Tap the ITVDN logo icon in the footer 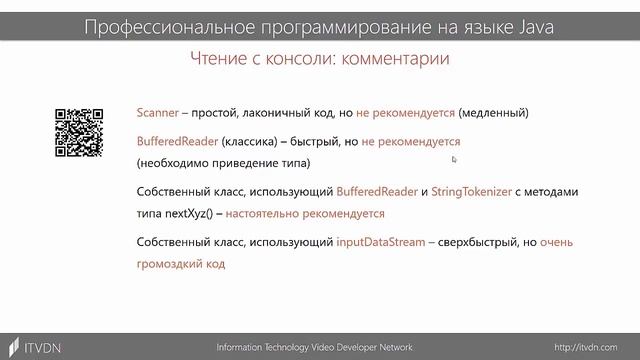pyautogui.click(x=15, y=346)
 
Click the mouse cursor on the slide pyautogui.click(x=454, y=159)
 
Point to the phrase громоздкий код pyautogui.click(x=181, y=265)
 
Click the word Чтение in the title pyautogui.click(x=219, y=59)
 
